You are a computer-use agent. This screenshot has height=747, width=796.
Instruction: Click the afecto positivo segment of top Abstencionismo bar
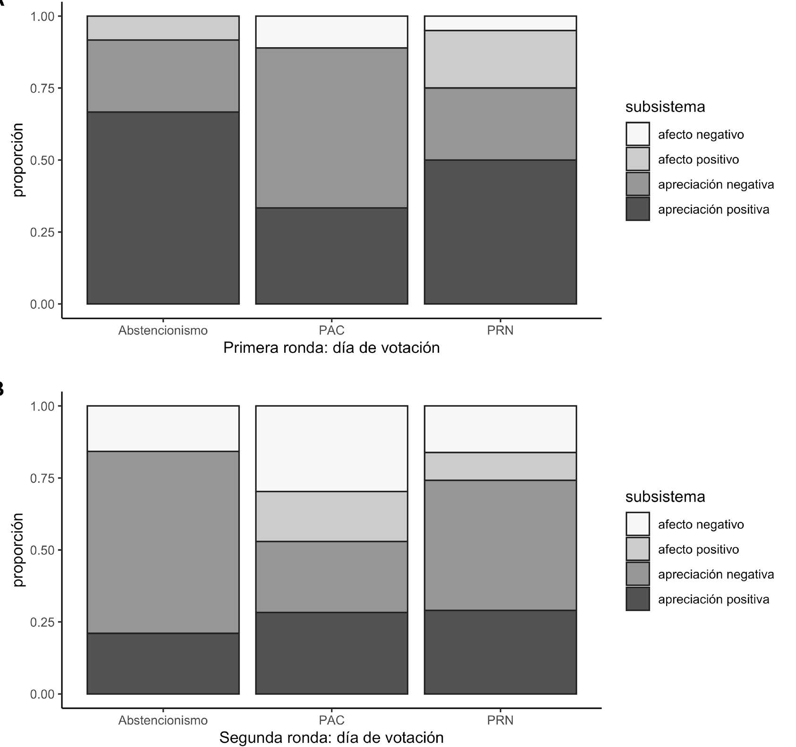point(163,28)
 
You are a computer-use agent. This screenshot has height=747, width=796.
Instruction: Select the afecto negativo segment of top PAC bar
point(331,32)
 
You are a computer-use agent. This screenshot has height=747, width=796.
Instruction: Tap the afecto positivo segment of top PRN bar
point(500,59)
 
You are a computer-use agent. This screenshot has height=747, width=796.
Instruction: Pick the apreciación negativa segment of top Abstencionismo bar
point(163,76)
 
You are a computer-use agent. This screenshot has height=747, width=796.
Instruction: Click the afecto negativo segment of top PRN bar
point(500,23)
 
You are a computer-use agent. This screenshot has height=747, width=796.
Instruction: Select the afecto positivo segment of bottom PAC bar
point(331,516)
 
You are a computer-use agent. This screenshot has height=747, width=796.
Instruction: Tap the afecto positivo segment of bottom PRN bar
point(500,466)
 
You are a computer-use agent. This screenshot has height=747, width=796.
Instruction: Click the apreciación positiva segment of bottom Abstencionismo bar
point(163,663)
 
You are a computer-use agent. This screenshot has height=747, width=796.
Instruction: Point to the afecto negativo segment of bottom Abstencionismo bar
point(163,429)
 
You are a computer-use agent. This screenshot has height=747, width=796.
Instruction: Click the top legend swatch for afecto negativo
point(637,134)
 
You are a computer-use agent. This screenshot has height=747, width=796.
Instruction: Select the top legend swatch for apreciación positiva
point(637,209)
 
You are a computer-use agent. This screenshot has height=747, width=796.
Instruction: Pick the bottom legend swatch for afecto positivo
point(637,549)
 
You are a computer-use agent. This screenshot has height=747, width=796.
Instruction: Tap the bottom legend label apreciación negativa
point(716,574)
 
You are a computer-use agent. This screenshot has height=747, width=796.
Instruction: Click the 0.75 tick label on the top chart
point(42,88)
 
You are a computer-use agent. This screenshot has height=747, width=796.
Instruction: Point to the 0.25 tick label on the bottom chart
point(42,622)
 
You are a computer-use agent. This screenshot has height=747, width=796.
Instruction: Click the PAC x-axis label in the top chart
point(331,330)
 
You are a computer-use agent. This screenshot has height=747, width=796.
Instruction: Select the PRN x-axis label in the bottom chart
point(500,720)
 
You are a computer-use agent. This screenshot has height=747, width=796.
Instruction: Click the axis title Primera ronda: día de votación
point(331,348)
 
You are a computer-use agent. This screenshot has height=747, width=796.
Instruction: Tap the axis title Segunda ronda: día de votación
point(331,738)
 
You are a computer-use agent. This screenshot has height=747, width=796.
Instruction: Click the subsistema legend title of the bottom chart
point(665,497)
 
